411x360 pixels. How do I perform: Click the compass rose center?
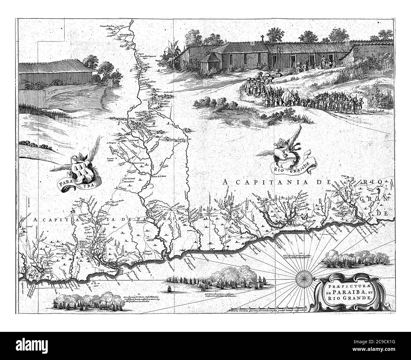[304, 278]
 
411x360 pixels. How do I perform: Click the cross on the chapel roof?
[262, 39]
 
